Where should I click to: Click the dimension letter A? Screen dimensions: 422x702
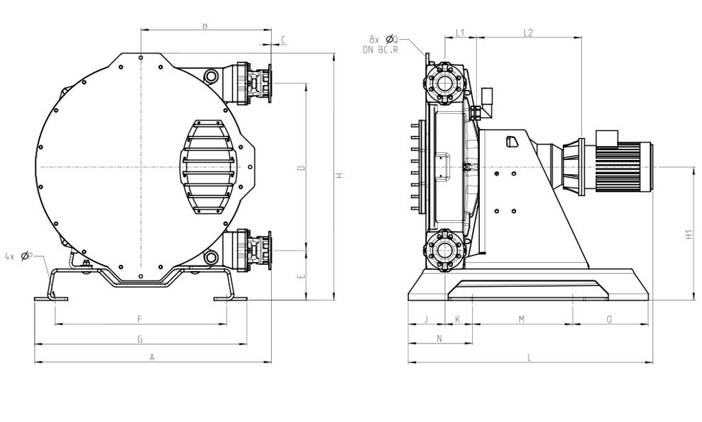151,358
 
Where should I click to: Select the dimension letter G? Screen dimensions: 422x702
140,339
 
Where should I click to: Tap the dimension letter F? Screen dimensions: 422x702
139,319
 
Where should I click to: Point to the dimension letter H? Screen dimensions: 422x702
340,176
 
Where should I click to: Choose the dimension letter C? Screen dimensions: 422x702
283,40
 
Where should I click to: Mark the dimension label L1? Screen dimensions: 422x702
459,33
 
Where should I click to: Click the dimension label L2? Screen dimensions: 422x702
528,33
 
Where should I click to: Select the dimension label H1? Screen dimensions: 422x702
690,234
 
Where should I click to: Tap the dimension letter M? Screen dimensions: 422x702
522,319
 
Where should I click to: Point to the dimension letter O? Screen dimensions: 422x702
609,319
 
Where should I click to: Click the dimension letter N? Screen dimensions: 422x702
439,338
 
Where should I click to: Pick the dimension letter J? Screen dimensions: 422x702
426,319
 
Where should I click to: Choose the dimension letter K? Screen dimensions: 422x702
458,319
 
